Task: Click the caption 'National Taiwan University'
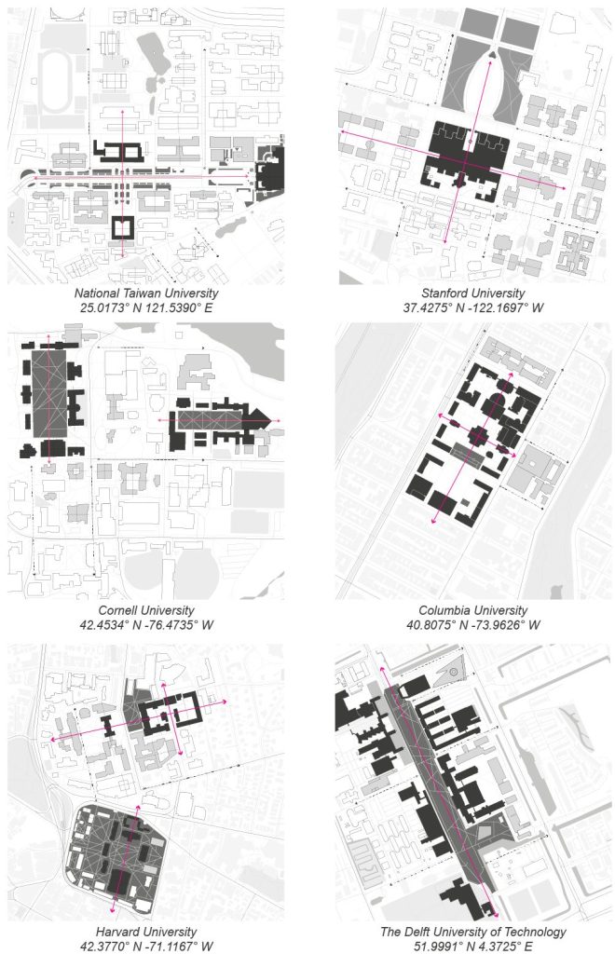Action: coord(146,293)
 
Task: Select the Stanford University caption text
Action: coord(473,293)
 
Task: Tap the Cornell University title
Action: coord(146,610)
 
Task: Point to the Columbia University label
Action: coord(473,610)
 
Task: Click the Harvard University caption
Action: coord(146,932)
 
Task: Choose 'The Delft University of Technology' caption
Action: coord(473,932)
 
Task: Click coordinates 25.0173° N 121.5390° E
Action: coord(146,307)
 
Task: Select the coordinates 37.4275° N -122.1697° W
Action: coord(473,307)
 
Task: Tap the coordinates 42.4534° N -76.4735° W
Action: coord(146,625)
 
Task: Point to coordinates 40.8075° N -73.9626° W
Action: coord(473,625)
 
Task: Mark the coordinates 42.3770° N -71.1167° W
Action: coord(146,947)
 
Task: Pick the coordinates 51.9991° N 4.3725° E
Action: coord(473,947)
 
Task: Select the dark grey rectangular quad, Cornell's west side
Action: coord(49,393)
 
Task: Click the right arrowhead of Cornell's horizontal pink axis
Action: coord(278,421)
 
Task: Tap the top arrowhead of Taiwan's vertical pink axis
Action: coord(123,112)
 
